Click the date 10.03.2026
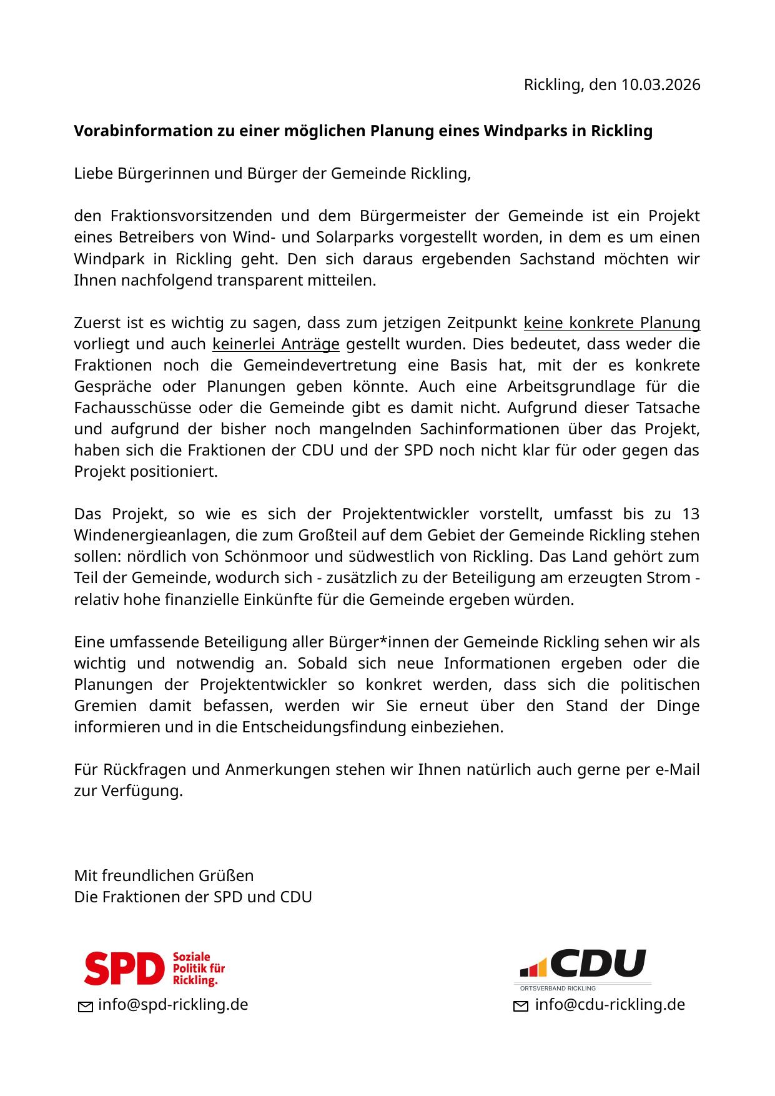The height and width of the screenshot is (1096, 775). click(x=660, y=84)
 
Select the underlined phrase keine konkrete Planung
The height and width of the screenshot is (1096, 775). click(x=611, y=323)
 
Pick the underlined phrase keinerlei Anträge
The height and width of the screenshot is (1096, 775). click(x=276, y=344)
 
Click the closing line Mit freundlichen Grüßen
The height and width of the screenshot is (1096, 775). click(x=164, y=875)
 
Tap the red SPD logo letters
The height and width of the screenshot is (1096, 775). click(x=124, y=969)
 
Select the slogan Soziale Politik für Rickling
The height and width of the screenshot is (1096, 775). click(x=198, y=969)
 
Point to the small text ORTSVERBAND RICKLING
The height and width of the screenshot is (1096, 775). click(x=558, y=989)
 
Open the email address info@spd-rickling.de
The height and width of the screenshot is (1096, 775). click(x=173, y=1005)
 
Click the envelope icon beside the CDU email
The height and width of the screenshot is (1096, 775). click(x=521, y=1006)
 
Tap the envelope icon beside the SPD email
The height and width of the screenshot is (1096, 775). click(x=85, y=1006)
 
